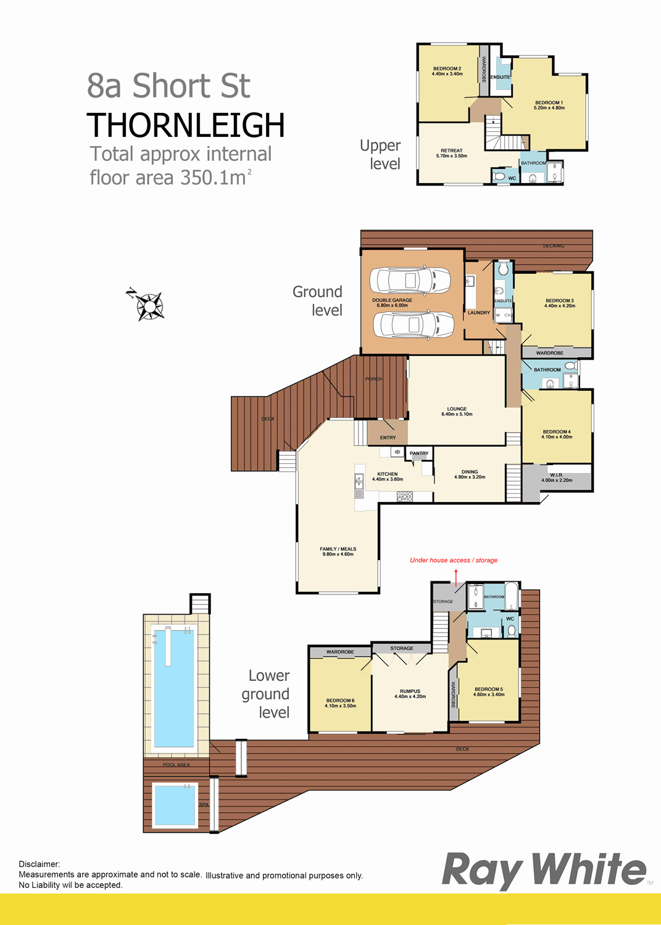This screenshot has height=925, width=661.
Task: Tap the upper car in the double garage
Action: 410,281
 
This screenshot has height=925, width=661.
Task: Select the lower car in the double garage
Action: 414,324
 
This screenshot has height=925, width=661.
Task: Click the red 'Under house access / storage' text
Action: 454,560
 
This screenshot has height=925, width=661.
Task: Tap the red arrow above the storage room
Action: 456,578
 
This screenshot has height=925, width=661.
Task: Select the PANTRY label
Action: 419,453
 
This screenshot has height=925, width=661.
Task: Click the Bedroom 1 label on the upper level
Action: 549,105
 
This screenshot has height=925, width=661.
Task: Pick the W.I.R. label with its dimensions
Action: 557,477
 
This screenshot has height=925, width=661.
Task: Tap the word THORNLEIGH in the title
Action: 186,125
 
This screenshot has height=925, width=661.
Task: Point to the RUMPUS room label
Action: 410,693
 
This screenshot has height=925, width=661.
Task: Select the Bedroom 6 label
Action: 340,703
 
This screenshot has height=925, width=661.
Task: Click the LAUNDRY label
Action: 479,313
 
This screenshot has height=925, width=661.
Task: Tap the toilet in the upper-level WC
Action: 499,177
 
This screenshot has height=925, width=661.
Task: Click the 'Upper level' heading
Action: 380,154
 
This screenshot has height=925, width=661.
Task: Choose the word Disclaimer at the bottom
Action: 39,864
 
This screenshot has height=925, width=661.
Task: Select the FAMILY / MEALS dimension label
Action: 338,551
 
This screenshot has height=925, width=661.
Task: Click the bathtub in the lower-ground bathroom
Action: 512,596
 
